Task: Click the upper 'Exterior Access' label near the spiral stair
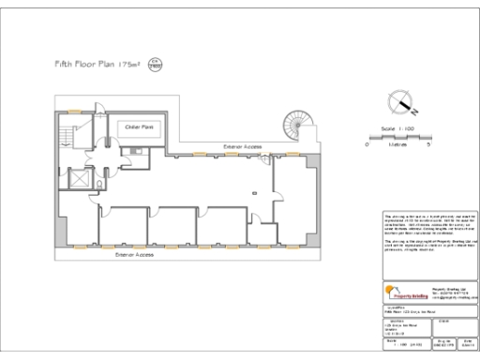click(243, 146)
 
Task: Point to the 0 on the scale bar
click(367, 145)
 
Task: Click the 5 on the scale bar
click(428, 145)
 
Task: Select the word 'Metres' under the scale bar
click(397, 145)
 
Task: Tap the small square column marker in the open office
click(252, 192)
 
